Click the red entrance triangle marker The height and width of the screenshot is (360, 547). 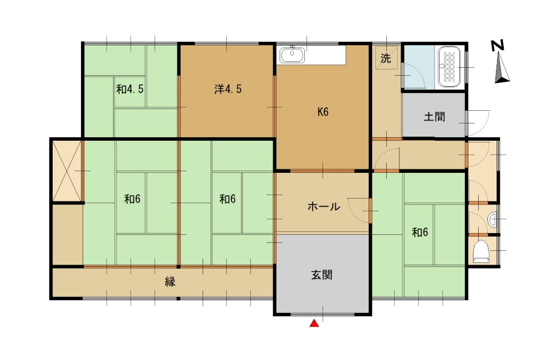(315, 324)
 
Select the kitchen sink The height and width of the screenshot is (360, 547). (292, 55)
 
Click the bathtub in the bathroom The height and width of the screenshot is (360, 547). (449, 67)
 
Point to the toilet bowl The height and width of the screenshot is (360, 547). (482, 251)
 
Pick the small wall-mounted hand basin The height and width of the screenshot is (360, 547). (492, 219)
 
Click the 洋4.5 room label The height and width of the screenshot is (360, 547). (228, 90)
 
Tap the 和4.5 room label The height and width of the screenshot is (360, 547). (130, 90)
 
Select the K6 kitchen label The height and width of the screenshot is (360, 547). (323, 112)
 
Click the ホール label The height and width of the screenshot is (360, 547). (324, 207)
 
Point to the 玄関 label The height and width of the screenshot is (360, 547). (321, 275)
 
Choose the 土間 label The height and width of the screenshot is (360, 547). (435, 117)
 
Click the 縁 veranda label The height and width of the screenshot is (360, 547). (170, 281)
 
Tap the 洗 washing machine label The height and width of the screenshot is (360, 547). (386, 58)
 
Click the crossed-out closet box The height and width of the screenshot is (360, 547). (67, 171)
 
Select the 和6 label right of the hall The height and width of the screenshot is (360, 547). (420, 233)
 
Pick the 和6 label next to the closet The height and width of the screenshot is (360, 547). (132, 199)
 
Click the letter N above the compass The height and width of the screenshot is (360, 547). (498, 45)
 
